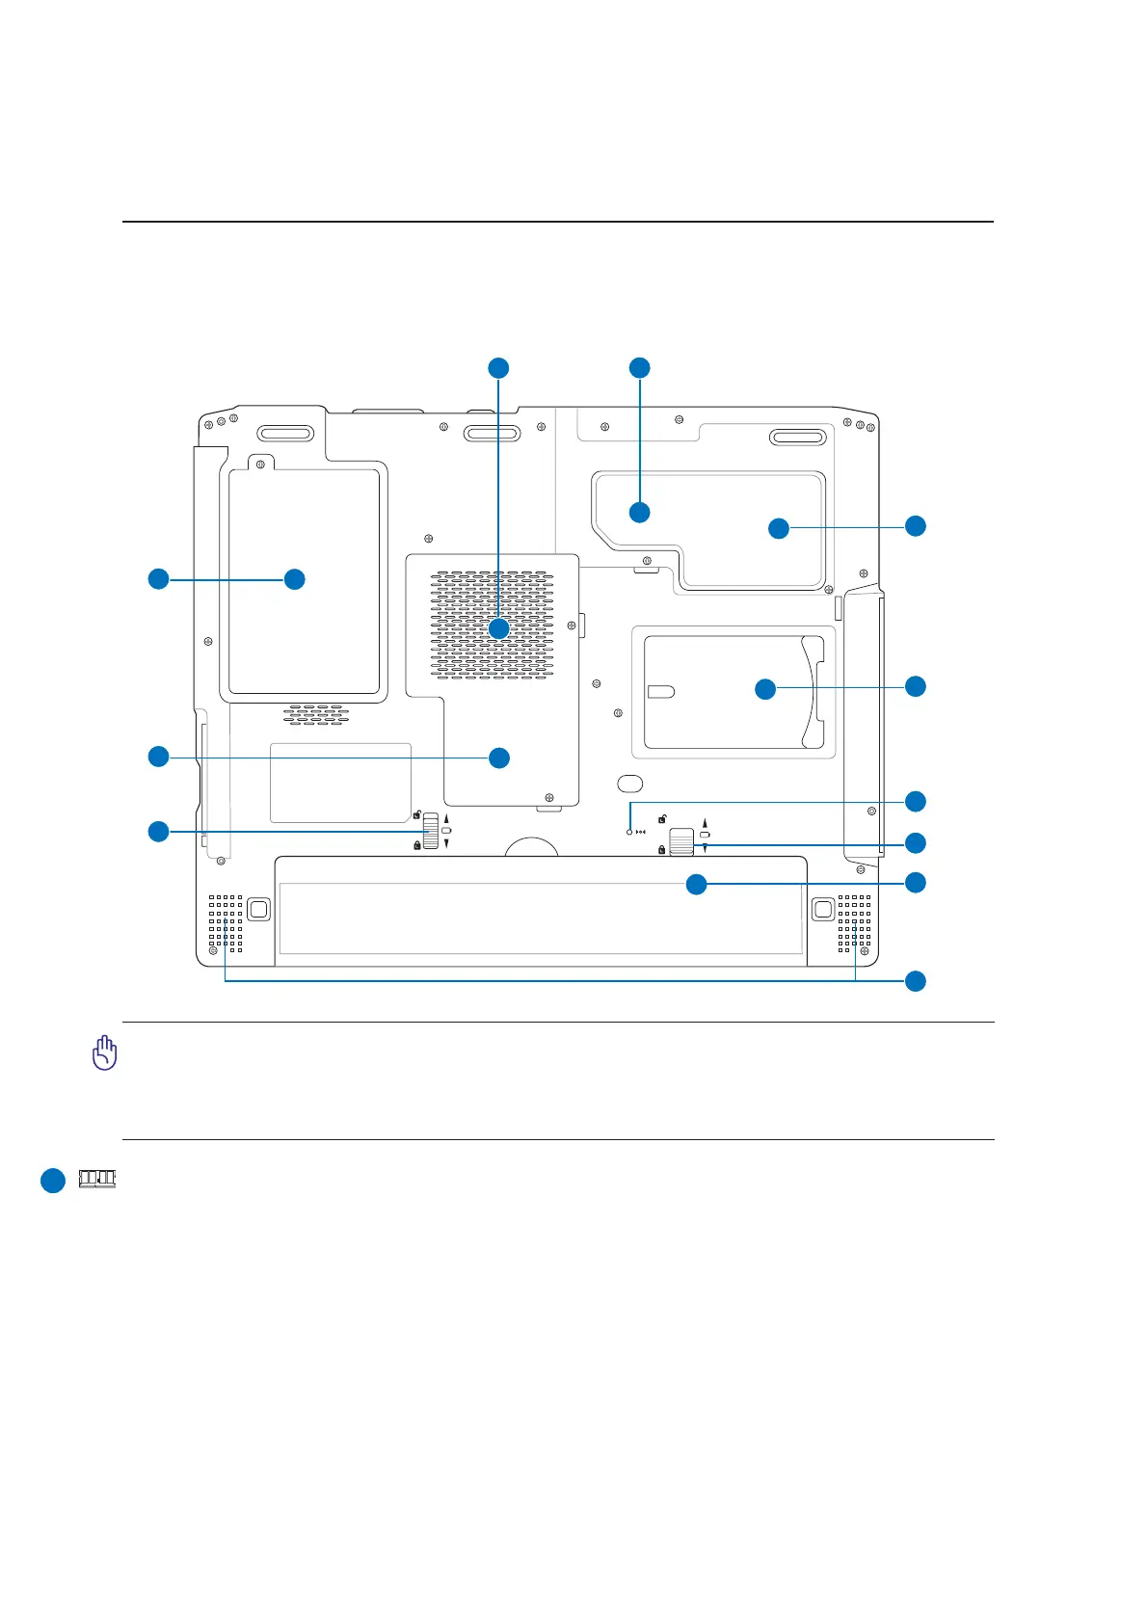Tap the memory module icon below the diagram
coord(96,1179)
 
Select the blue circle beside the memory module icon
coord(53,1181)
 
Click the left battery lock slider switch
coord(431,831)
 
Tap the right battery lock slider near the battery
coord(681,841)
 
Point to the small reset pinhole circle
coord(629,832)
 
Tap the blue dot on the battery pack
coord(696,884)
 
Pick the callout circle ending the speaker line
coord(915,981)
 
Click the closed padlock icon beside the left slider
coord(416,845)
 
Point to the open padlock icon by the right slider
coord(662,820)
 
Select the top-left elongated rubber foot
coord(284,434)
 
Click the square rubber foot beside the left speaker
coord(258,908)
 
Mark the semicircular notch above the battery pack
coord(532,846)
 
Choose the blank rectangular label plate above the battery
coord(340,783)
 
